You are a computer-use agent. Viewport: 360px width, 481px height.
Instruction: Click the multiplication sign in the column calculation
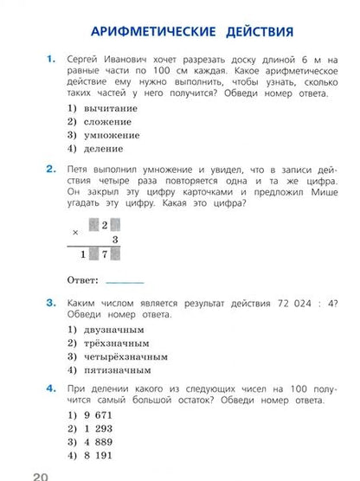pyautogui.click(x=75, y=230)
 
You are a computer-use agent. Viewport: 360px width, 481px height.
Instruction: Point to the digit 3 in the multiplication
pyautogui.click(x=114, y=240)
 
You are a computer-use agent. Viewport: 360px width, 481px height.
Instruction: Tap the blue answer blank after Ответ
pyautogui.click(x=124, y=280)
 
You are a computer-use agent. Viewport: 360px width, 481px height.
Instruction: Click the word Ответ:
pyautogui.click(x=83, y=279)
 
